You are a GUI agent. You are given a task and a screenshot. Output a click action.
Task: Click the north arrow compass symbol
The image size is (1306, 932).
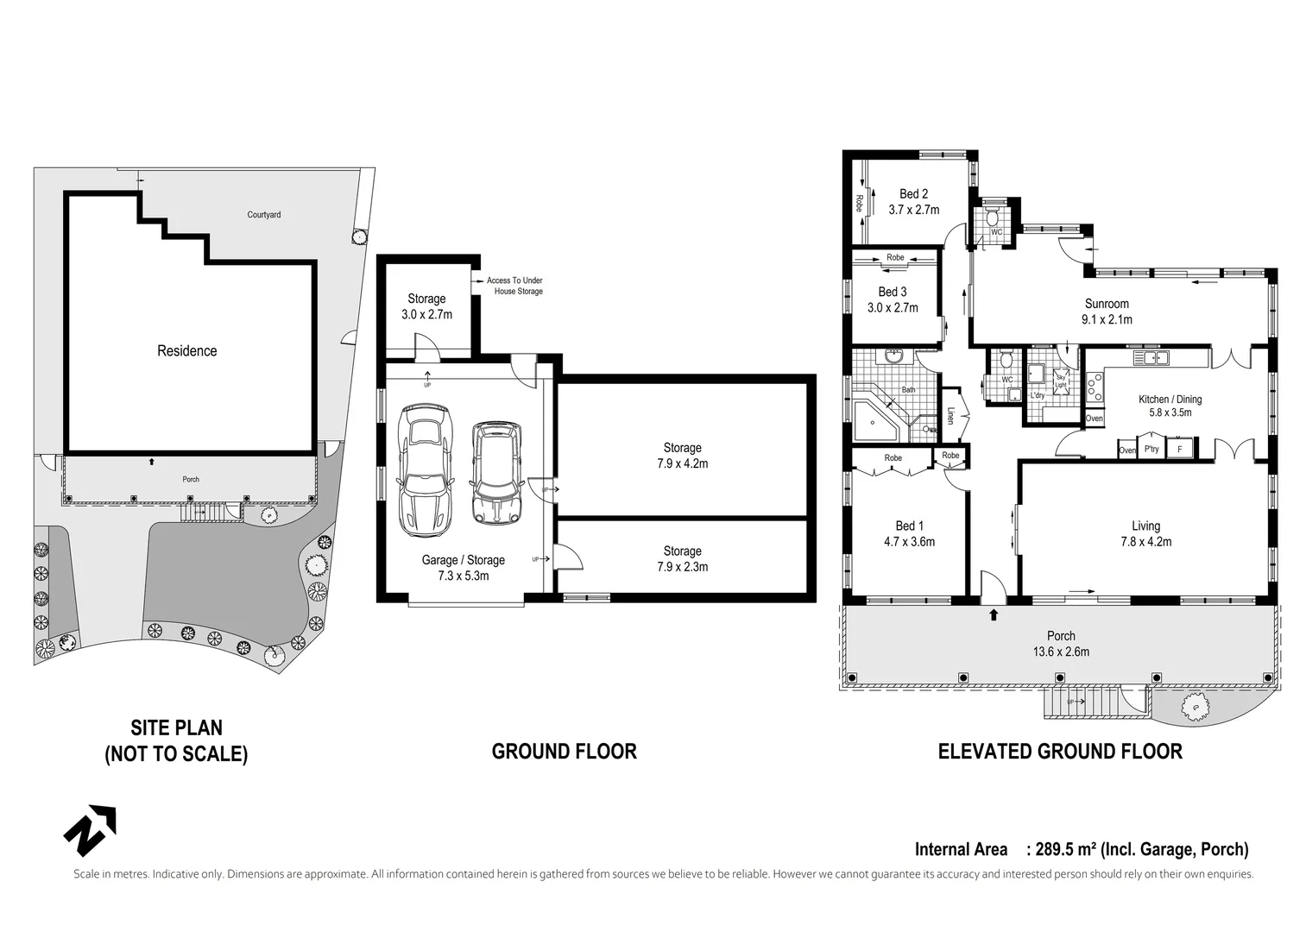coord(90,829)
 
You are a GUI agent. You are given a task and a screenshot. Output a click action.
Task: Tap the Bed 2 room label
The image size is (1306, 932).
coord(913,202)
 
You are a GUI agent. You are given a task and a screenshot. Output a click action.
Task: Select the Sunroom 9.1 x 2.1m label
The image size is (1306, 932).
coord(1107,312)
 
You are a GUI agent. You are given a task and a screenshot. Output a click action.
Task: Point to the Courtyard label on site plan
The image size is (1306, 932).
coord(263,215)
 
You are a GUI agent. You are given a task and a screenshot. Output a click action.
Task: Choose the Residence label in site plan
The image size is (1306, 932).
coord(186,350)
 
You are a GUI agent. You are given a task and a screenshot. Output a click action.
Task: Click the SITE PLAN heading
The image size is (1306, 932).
coord(176,740)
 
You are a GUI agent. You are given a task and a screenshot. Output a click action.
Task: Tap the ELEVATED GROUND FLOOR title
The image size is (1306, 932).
coord(1059,751)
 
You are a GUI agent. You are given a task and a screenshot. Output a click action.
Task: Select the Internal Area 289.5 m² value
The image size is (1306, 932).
coord(1082,849)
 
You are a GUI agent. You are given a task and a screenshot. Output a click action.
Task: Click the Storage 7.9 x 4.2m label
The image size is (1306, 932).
coord(682,456)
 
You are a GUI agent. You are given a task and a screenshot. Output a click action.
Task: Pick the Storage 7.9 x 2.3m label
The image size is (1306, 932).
coord(682,558)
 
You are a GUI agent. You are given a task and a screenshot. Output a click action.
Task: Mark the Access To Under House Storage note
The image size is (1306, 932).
coord(516,286)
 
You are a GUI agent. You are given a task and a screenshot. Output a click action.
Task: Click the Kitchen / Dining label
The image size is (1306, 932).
coord(1170,406)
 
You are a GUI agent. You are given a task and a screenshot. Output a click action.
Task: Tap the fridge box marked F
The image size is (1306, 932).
coord(1180,450)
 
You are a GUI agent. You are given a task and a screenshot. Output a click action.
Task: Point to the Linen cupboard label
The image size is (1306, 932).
coord(951,415)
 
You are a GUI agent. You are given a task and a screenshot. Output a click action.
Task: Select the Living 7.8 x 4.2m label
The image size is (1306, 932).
coord(1145,533)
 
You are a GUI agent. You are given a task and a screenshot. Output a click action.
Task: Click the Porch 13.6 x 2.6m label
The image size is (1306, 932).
coord(1061,644)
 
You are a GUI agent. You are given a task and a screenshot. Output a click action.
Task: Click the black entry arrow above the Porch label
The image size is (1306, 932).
coord(994,614)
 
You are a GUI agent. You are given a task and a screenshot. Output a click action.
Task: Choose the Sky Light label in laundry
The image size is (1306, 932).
coord(1061,381)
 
